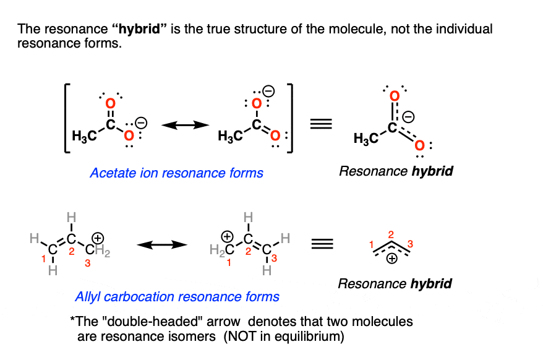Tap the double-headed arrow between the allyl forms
point(161,245)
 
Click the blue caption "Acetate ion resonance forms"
point(176,173)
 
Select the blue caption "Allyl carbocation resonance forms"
point(177,296)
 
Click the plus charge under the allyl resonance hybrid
point(391,260)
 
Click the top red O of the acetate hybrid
point(393,96)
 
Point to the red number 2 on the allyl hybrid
point(391,235)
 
